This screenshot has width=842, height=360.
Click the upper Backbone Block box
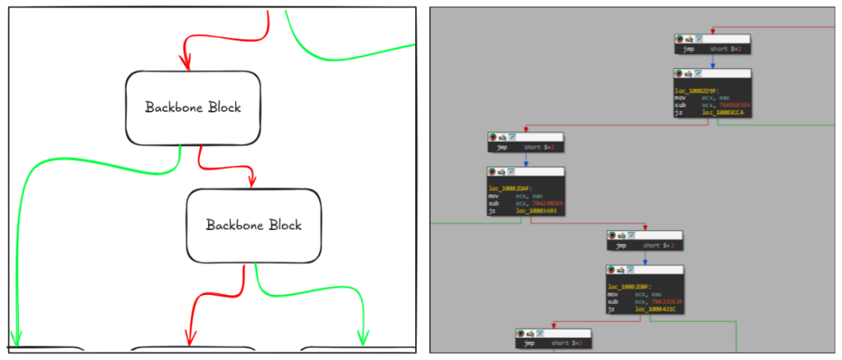[193, 107]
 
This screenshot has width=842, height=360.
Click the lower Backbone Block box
[253, 224]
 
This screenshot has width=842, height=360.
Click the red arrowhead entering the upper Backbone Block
[184, 62]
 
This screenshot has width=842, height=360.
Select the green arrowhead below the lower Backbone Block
[362, 336]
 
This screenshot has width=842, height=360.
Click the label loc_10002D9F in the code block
[692, 90]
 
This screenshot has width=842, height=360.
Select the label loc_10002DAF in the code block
[506, 188]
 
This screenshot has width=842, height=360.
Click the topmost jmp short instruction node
[712, 49]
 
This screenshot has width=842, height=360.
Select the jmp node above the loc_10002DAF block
[525, 148]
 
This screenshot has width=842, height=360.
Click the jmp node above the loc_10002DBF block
[645, 246]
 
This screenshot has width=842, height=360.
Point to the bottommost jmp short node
[553, 344]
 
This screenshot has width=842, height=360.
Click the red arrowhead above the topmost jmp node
[712, 31]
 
